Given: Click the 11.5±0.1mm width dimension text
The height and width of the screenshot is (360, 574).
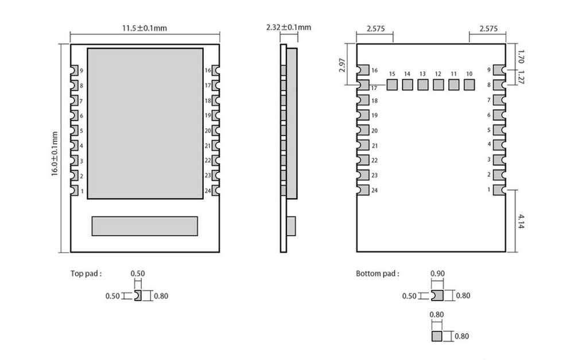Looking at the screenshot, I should pos(144,28).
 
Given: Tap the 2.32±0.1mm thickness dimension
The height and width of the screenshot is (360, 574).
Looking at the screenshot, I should pos(289,27).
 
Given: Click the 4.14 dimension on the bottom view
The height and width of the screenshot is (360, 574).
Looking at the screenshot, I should pos(521,221).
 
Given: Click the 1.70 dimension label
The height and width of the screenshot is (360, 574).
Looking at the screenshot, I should pos(521,56).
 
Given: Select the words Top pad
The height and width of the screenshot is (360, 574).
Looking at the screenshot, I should pos(86,273).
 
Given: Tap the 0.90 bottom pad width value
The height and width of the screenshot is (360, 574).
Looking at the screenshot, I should pos(437,273).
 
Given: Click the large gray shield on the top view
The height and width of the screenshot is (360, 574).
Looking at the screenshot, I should pos(145,123).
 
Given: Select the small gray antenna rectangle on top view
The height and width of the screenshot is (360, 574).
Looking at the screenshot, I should pos(145,226).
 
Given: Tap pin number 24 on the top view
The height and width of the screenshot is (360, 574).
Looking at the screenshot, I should pos(207,191).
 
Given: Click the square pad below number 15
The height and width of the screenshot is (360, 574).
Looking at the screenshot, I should pos(392,85).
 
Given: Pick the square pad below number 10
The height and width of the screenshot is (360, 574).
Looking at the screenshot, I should pos(470,85).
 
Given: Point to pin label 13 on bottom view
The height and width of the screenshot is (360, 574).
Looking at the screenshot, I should pos(422,74).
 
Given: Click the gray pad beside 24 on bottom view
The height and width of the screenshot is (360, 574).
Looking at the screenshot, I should pos(363,190).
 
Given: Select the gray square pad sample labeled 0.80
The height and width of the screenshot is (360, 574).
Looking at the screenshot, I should pos(437,336).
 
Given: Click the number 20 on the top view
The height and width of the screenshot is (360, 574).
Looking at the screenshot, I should pos(207,131).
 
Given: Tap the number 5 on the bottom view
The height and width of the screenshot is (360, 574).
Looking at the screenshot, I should pos(489,130).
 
